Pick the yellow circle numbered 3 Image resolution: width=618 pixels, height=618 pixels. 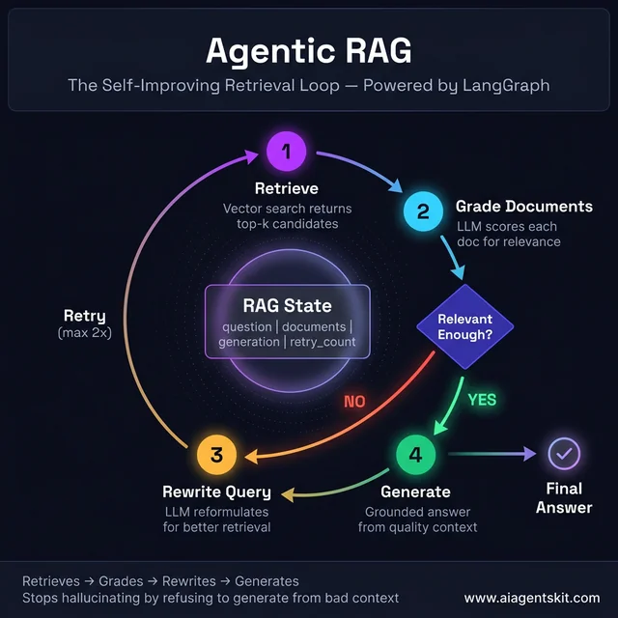coord(216,455)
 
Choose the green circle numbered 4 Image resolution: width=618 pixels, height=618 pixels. coord(415,454)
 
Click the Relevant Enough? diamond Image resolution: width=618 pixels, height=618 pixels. coord(464,326)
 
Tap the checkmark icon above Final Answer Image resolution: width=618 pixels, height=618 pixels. coord(564,453)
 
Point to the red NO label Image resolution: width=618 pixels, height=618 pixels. coord(354,401)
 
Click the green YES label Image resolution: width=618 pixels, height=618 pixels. coord(483,399)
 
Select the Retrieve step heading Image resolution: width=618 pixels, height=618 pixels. coord(287,187)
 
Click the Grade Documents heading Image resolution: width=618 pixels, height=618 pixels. coord(524,207)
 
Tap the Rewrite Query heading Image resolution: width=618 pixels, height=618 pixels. coord(216,492)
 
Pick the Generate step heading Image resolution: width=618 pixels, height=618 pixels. coord(415,492)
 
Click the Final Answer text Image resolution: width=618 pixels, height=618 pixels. coord(564,497)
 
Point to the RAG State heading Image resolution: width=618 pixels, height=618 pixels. coord(287,306)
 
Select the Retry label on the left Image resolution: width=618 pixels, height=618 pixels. coord(85,316)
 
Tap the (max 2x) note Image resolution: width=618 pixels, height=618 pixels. coord(85,333)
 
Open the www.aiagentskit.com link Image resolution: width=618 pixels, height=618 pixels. coord(531,598)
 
